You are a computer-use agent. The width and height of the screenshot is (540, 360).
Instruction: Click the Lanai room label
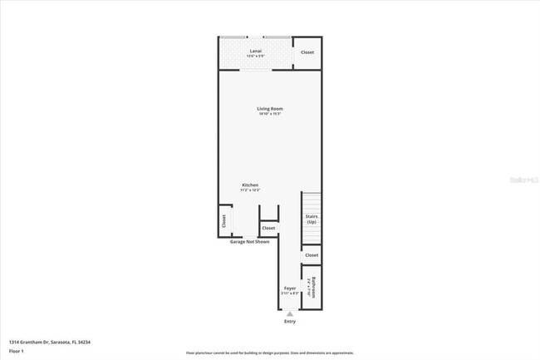click(x=256, y=51)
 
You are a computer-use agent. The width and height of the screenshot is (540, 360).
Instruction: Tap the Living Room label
click(x=263, y=109)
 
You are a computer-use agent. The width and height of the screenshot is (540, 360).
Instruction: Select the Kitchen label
click(x=250, y=185)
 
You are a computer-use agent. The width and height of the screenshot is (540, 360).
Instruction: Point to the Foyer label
click(x=290, y=288)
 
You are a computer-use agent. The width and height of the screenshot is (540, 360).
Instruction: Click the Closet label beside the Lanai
click(x=307, y=52)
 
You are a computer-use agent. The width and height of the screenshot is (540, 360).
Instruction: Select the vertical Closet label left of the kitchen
click(x=223, y=221)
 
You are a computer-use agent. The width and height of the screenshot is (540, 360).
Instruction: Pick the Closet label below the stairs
click(x=312, y=255)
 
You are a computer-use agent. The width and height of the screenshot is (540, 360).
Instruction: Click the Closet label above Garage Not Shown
click(x=268, y=228)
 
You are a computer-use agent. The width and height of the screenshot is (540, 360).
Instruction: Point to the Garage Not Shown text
click(x=250, y=242)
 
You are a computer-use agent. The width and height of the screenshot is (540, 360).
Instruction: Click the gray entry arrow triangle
click(x=290, y=314)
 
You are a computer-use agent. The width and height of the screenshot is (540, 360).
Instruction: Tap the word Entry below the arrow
click(x=290, y=322)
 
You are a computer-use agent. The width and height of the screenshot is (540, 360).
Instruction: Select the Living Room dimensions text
click(x=263, y=114)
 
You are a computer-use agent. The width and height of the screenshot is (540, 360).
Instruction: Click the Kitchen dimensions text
click(x=250, y=190)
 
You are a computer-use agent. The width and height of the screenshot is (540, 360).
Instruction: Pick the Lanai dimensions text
click(x=256, y=56)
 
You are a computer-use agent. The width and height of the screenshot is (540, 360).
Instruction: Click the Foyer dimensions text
click(x=290, y=293)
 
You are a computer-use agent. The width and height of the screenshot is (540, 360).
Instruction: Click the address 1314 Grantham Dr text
click(x=49, y=342)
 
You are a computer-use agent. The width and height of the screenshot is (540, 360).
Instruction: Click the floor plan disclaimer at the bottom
click(x=269, y=353)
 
